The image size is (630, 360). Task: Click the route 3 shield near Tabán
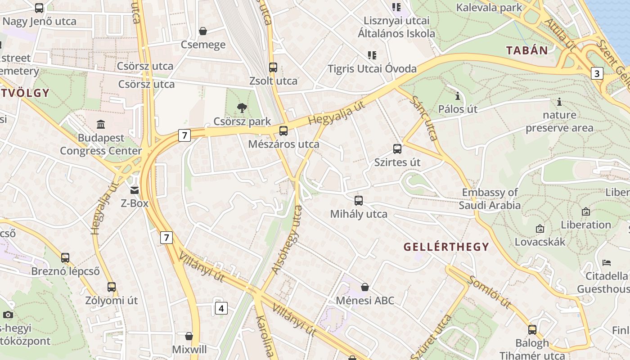[x=597, y=73]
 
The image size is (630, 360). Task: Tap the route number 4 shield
[x=221, y=308]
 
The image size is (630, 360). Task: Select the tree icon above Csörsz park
[x=242, y=108]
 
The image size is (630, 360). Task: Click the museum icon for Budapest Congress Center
[x=101, y=124]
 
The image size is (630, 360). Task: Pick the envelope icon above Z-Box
[x=135, y=190]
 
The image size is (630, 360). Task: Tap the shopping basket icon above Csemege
[x=203, y=31]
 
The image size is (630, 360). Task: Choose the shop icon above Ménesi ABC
[x=365, y=287]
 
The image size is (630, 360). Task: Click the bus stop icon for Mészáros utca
[x=283, y=131]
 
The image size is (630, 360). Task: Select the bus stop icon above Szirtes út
[x=397, y=149]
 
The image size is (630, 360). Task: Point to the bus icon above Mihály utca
[x=359, y=201]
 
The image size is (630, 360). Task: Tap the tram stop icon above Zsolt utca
[x=273, y=67]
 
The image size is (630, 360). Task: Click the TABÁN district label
[x=527, y=50]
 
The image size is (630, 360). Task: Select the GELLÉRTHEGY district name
[x=446, y=247]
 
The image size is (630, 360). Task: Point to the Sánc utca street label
[x=425, y=118]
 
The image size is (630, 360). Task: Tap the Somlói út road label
[x=490, y=292]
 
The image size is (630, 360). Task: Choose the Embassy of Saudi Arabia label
[x=490, y=199]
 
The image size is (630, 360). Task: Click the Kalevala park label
[x=489, y=8]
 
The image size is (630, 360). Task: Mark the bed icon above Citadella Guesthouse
[x=607, y=262]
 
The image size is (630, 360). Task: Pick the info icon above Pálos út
[x=458, y=96]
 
